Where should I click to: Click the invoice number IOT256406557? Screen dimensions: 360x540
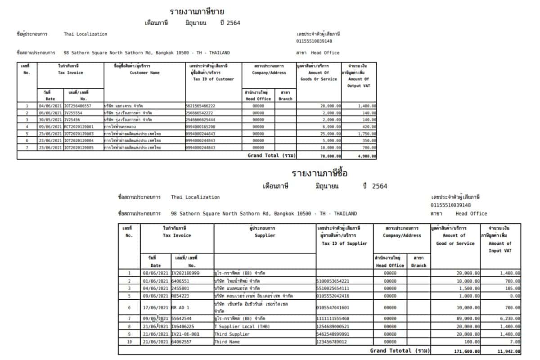[x=77, y=106]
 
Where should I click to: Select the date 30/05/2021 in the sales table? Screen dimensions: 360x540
[x=50, y=120]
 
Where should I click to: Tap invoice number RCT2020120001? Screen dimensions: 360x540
[x=79, y=126]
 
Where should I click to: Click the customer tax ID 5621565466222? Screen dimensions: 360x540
[x=200, y=106]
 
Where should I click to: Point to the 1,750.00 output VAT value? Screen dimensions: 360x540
[x=367, y=134]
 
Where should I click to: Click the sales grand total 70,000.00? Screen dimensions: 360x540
[x=330, y=155]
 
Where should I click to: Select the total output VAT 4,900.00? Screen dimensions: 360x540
[x=367, y=155]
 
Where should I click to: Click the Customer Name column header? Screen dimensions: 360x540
[x=144, y=72]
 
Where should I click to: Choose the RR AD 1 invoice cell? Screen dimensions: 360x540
[x=181, y=308]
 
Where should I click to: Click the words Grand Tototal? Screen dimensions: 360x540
[x=391, y=351]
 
